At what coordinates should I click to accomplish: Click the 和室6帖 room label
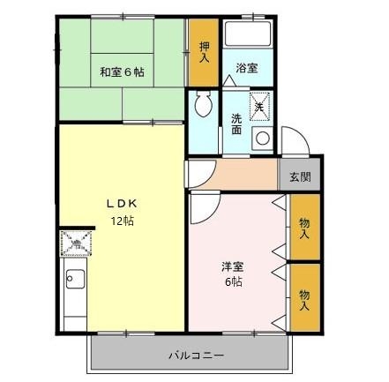[121, 71]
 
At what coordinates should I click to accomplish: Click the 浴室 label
[246, 67]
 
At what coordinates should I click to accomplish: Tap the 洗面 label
[236, 124]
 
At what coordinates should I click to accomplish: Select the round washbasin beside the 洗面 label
[261, 139]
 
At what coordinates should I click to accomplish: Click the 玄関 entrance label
[300, 176]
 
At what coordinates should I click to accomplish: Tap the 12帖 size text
[120, 220]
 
